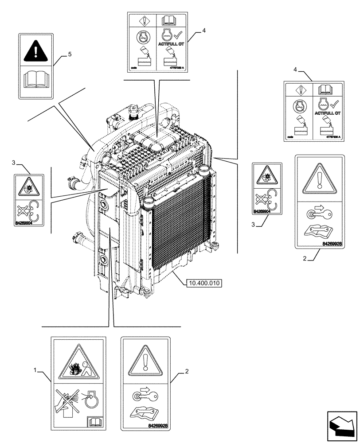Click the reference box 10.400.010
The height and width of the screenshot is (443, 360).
click(204, 283)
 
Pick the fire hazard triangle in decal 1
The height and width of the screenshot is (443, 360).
click(78, 363)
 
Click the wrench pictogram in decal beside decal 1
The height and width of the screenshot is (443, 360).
click(144, 411)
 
